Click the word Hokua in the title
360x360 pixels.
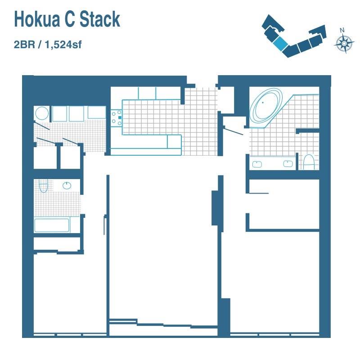pos(37,19)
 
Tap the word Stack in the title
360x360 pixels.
pos(100,19)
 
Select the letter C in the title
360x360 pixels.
pos(70,19)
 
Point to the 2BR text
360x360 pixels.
pos(24,45)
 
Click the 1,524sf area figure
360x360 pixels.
pos(63,45)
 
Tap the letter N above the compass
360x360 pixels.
pos(342,30)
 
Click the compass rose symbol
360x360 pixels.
pos(344,43)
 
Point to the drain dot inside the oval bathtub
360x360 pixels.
pos(263,103)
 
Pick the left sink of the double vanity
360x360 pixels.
pos(257,164)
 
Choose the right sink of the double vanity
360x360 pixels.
pos(288,164)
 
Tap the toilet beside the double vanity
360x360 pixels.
pos(309,162)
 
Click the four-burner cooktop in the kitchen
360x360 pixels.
pos(117,118)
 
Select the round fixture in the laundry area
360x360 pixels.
pos(42,113)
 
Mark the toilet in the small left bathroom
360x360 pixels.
pos(43,186)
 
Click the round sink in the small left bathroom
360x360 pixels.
pos(67,185)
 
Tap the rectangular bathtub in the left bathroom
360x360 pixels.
pos(52,225)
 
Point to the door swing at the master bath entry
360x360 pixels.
pos(233,131)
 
